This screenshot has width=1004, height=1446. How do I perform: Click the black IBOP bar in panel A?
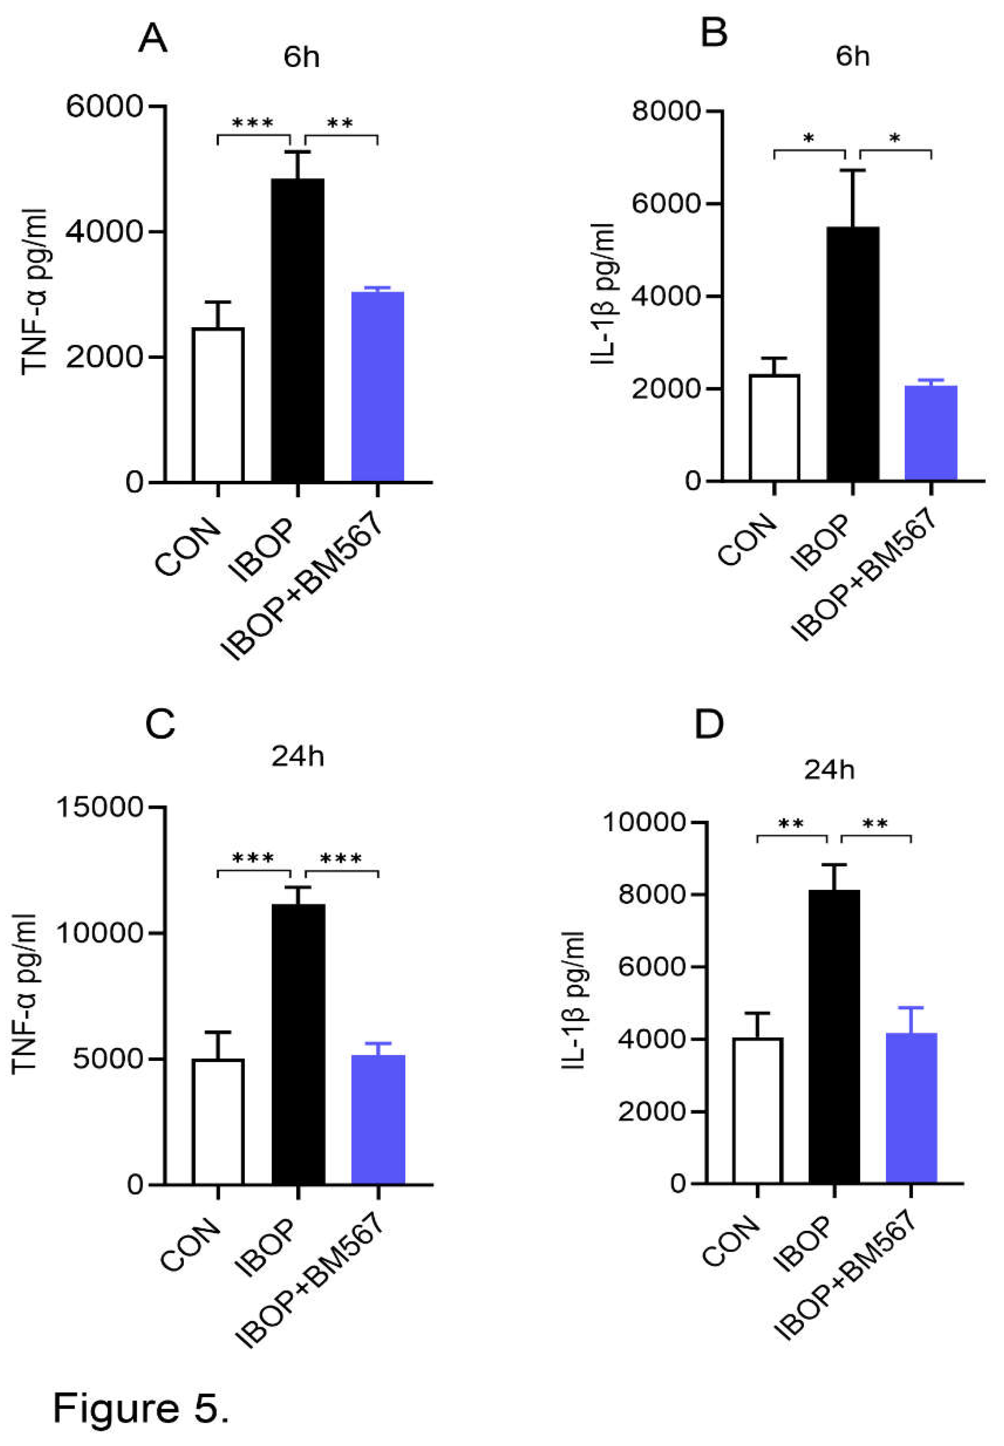[298, 330]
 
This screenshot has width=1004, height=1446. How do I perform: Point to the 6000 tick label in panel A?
[106, 106]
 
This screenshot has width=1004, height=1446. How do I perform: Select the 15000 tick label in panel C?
[100, 807]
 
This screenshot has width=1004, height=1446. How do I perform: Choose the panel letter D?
[709, 725]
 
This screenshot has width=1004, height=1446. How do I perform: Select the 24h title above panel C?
[298, 756]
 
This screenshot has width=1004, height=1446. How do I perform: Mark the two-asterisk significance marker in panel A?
[341, 123]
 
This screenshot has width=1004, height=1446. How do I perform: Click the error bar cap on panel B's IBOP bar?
[852, 170]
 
